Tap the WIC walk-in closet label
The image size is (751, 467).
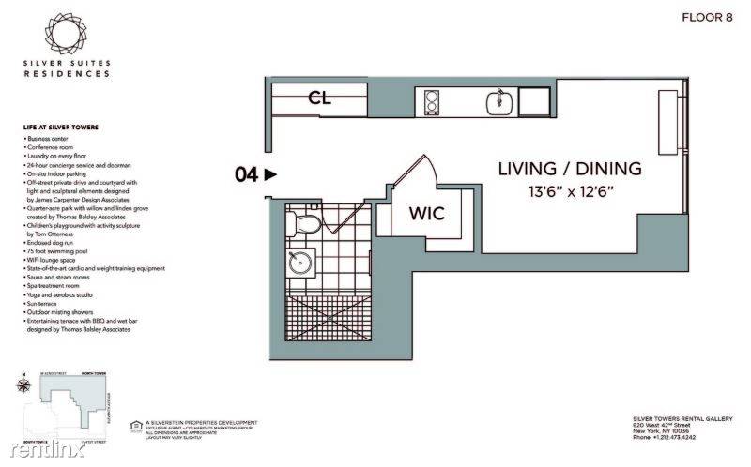pyautogui.click(x=425, y=213)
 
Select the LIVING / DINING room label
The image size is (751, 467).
pyautogui.click(x=569, y=169)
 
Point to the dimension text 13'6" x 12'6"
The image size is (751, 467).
pyautogui.click(x=569, y=192)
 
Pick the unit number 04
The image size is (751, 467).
pyautogui.click(x=245, y=173)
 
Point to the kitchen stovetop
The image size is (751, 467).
pyautogui.click(x=433, y=100)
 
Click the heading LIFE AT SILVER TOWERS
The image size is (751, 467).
pyautogui.click(x=61, y=128)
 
